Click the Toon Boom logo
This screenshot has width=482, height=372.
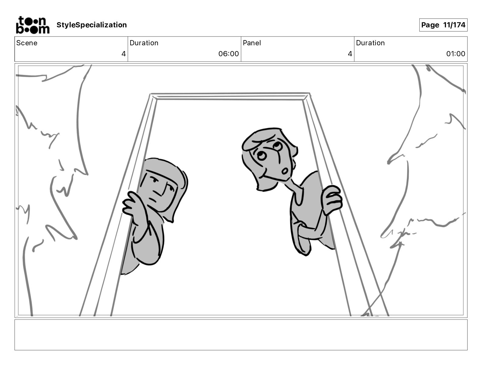[32, 25]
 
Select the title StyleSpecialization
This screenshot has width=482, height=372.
[92, 25]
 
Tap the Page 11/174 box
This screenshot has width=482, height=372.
[443, 25]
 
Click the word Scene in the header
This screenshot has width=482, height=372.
[27, 43]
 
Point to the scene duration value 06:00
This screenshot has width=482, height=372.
[229, 54]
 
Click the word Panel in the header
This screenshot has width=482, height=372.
[252, 43]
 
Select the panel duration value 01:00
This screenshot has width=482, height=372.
[456, 54]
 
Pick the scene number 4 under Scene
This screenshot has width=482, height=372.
[124, 54]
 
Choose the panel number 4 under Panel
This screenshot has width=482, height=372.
[350, 54]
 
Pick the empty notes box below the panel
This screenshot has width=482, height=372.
[241, 335]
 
